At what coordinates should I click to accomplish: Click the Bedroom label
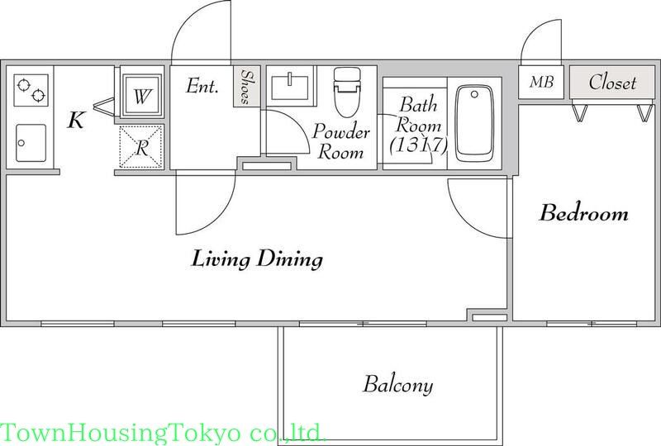(x=583, y=214)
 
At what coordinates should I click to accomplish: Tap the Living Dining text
(x=257, y=259)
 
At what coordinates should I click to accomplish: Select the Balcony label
(x=397, y=384)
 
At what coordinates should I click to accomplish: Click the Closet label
(x=612, y=83)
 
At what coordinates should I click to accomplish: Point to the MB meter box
(x=541, y=83)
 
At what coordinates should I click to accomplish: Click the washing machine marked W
(x=142, y=97)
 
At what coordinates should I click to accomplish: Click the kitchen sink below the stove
(x=31, y=143)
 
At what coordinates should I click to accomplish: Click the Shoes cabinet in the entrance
(x=246, y=87)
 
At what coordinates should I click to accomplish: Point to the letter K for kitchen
(x=75, y=121)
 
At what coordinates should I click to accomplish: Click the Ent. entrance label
(x=202, y=85)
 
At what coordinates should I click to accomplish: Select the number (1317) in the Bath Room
(x=418, y=146)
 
